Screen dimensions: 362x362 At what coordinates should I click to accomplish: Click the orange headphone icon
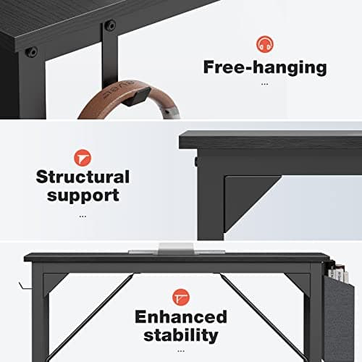coord(265,43)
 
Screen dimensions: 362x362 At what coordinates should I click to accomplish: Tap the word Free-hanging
coord(264,67)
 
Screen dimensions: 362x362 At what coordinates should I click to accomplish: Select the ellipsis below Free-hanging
coord(264,84)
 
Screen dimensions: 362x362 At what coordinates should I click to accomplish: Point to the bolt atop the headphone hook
coord(110,25)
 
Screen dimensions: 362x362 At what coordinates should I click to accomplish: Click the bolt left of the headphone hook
coord(31,53)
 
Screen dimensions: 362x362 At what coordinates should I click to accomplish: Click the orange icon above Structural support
coord(83,156)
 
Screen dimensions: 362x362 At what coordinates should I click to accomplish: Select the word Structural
coord(83,177)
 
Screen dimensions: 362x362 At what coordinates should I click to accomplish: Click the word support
coord(83,195)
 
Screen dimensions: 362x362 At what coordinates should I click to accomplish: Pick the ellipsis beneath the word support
coord(83,215)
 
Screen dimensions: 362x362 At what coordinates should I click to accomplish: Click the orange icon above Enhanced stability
coord(180,297)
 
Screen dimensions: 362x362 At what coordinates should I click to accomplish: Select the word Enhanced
coord(180,317)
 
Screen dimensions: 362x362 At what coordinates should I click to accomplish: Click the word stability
coord(180,335)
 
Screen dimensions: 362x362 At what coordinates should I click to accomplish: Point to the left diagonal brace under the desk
coord(101,304)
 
